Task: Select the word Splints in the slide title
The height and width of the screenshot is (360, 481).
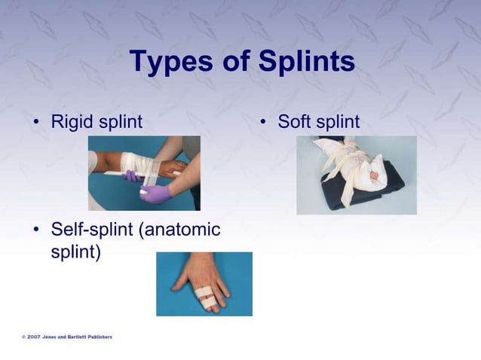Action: pos(307,62)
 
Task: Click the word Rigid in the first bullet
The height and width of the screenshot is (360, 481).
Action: pos(72,121)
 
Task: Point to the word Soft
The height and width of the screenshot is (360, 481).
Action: pos(295,121)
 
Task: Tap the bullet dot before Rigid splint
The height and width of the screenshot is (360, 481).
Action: pos(36,122)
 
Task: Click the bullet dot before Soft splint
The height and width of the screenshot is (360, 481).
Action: pos(264,122)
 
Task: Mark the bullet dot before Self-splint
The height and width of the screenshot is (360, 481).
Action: pos(36,230)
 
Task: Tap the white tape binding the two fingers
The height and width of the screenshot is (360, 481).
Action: pos(204,294)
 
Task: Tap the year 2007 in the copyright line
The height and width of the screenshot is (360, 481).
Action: pos(34,337)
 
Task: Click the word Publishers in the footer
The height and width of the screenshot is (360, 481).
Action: pos(97,337)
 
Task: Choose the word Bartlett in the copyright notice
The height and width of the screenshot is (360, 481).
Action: pos(73,337)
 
